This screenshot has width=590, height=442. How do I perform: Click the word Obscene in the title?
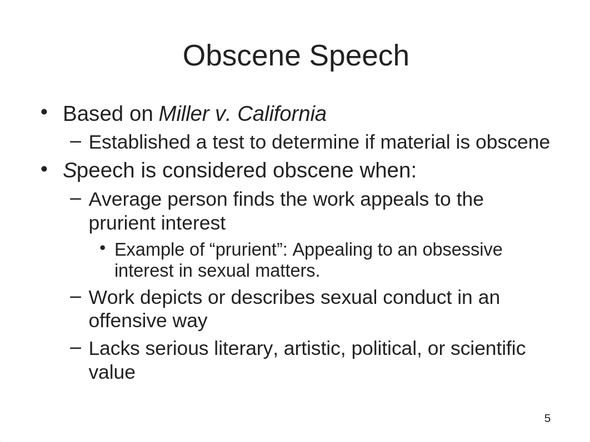(x=242, y=55)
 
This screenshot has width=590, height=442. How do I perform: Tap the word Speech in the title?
(x=359, y=57)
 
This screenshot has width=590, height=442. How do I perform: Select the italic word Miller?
(x=184, y=114)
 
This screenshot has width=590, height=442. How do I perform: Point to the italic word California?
(x=282, y=114)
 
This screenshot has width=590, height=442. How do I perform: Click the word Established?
(x=139, y=143)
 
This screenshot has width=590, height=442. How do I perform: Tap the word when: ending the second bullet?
(x=388, y=170)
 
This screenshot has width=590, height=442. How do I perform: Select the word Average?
(x=125, y=200)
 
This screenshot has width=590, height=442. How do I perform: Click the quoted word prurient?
(x=246, y=250)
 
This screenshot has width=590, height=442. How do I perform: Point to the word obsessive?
(x=462, y=250)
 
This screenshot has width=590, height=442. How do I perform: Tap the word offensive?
(x=128, y=321)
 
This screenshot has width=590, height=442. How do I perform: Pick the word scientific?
(x=488, y=348)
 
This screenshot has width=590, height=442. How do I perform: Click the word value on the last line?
(x=112, y=373)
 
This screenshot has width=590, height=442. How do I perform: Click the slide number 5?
(x=547, y=418)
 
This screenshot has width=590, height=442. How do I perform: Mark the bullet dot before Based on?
(x=44, y=112)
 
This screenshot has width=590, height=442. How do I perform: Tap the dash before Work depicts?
(x=76, y=297)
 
